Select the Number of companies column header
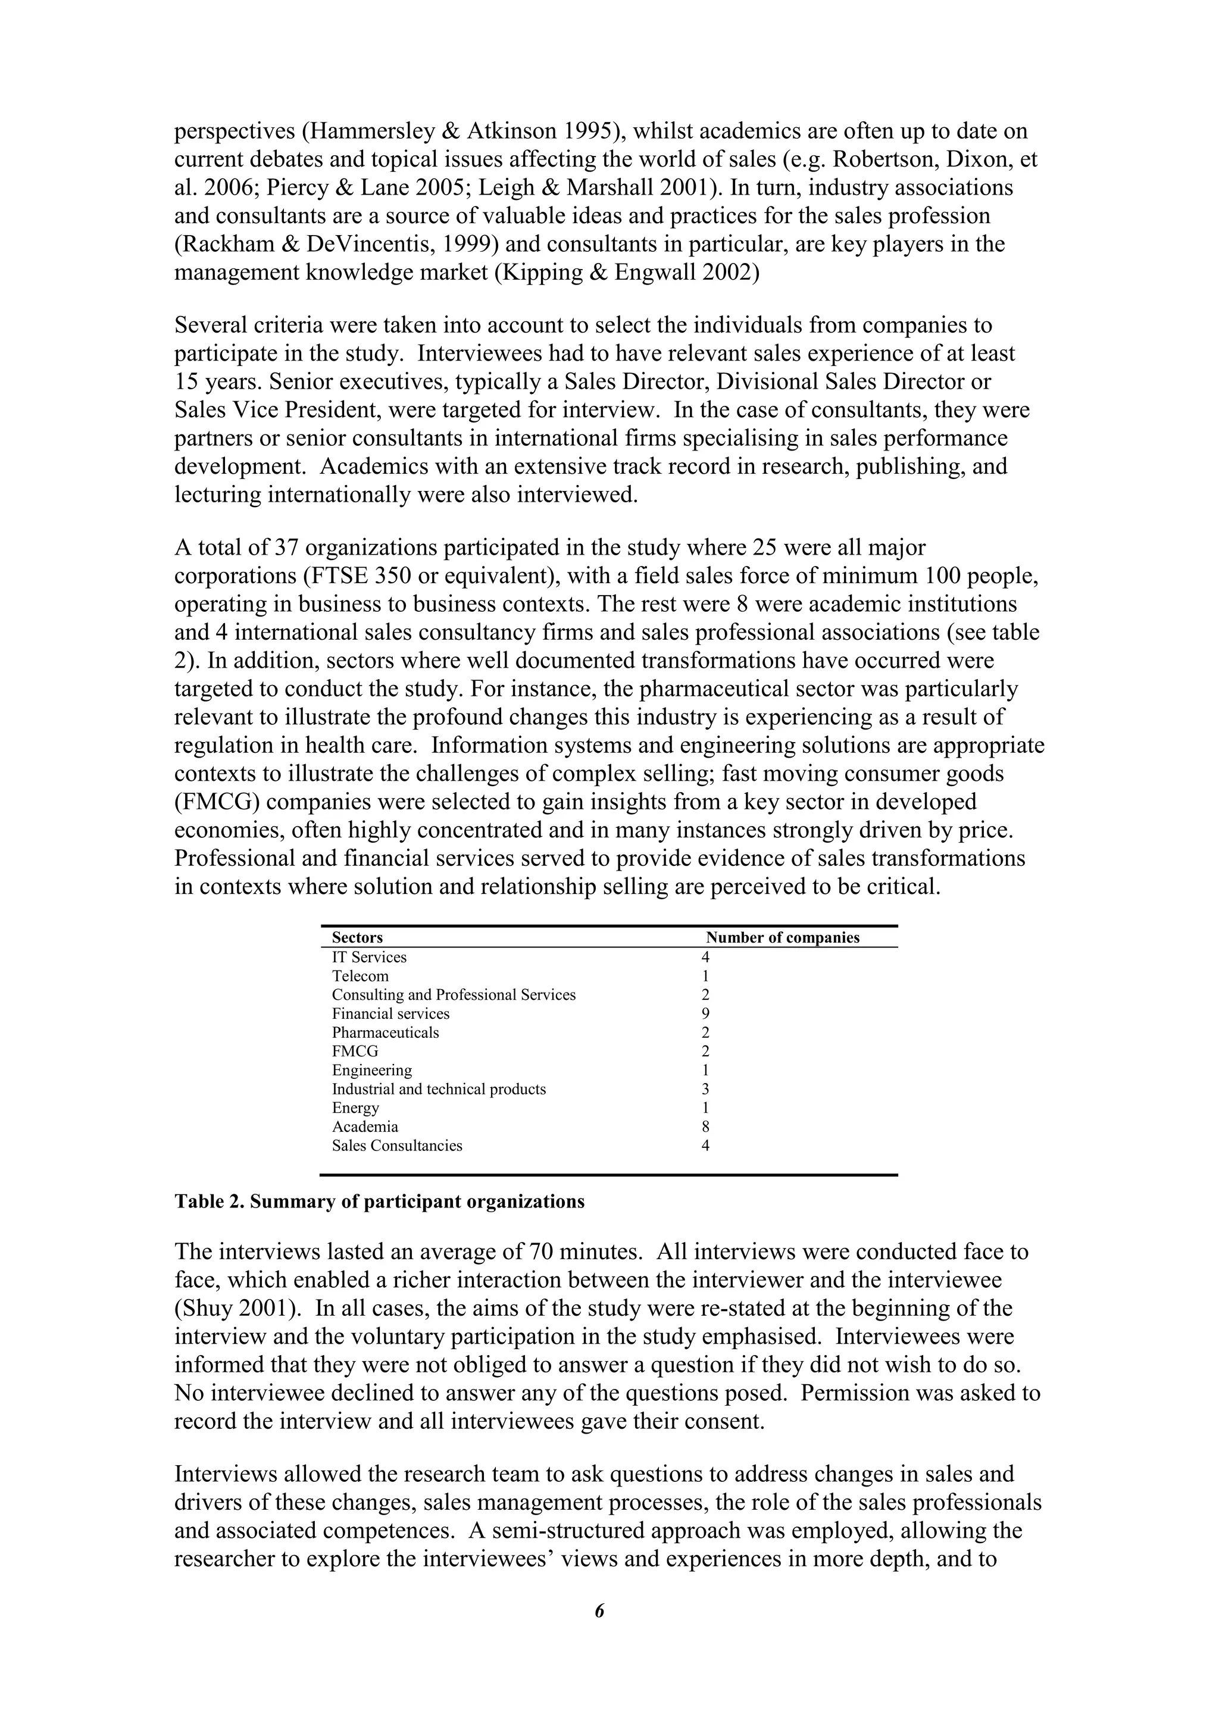click(x=782, y=938)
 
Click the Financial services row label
click(x=390, y=1013)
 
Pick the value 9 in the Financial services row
click(x=705, y=1013)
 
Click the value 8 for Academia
click(x=705, y=1127)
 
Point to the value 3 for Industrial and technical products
click(x=705, y=1089)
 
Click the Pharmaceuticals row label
click(x=385, y=1032)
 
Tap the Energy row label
click(x=355, y=1107)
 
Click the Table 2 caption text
click(x=379, y=1202)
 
